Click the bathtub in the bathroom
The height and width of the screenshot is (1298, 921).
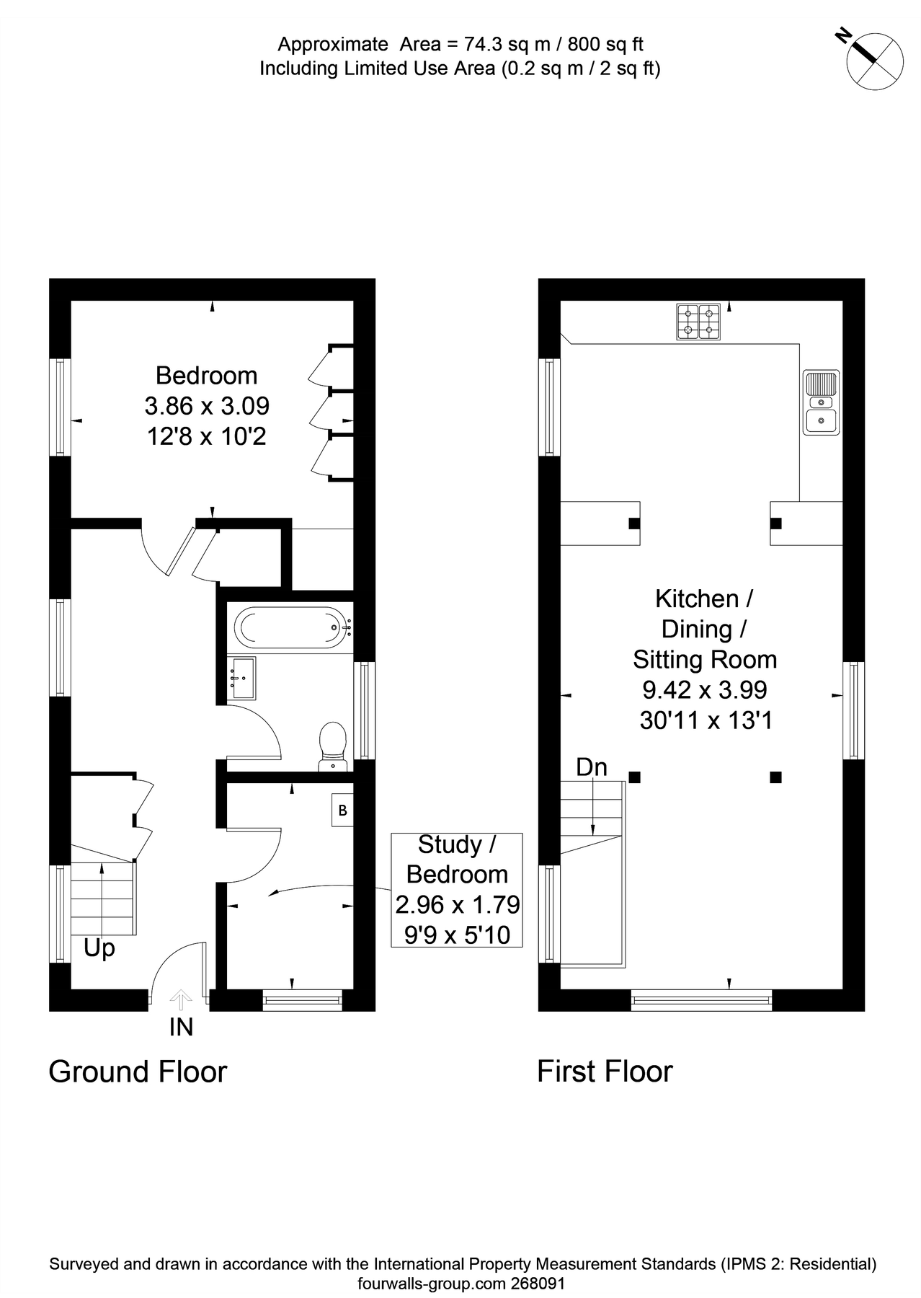click(x=291, y=627)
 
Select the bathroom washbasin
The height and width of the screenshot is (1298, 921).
click(x=242, y=678)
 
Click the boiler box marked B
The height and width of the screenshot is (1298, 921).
click(x=342, y=810)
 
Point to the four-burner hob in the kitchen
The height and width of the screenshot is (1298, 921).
click(x=698, y=322)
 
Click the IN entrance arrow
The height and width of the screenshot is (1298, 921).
click(x=181, y=1000)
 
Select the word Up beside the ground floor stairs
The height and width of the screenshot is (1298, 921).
click(x=99, y=948)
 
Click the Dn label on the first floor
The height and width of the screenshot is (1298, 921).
click(x=592, y=767)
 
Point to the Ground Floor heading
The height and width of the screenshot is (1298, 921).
click(x=138, y=1072)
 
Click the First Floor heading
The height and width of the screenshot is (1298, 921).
click(x=605, y=1072)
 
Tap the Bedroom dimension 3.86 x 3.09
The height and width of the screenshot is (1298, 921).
click(x=207, y=406)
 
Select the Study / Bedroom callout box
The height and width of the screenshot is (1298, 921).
click(x=457, y=889)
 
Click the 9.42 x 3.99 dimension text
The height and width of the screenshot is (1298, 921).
click(x=705, y=690)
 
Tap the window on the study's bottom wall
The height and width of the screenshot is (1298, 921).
click(x=302, y=999)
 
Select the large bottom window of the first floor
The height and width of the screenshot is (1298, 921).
click(x=701, y=999)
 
